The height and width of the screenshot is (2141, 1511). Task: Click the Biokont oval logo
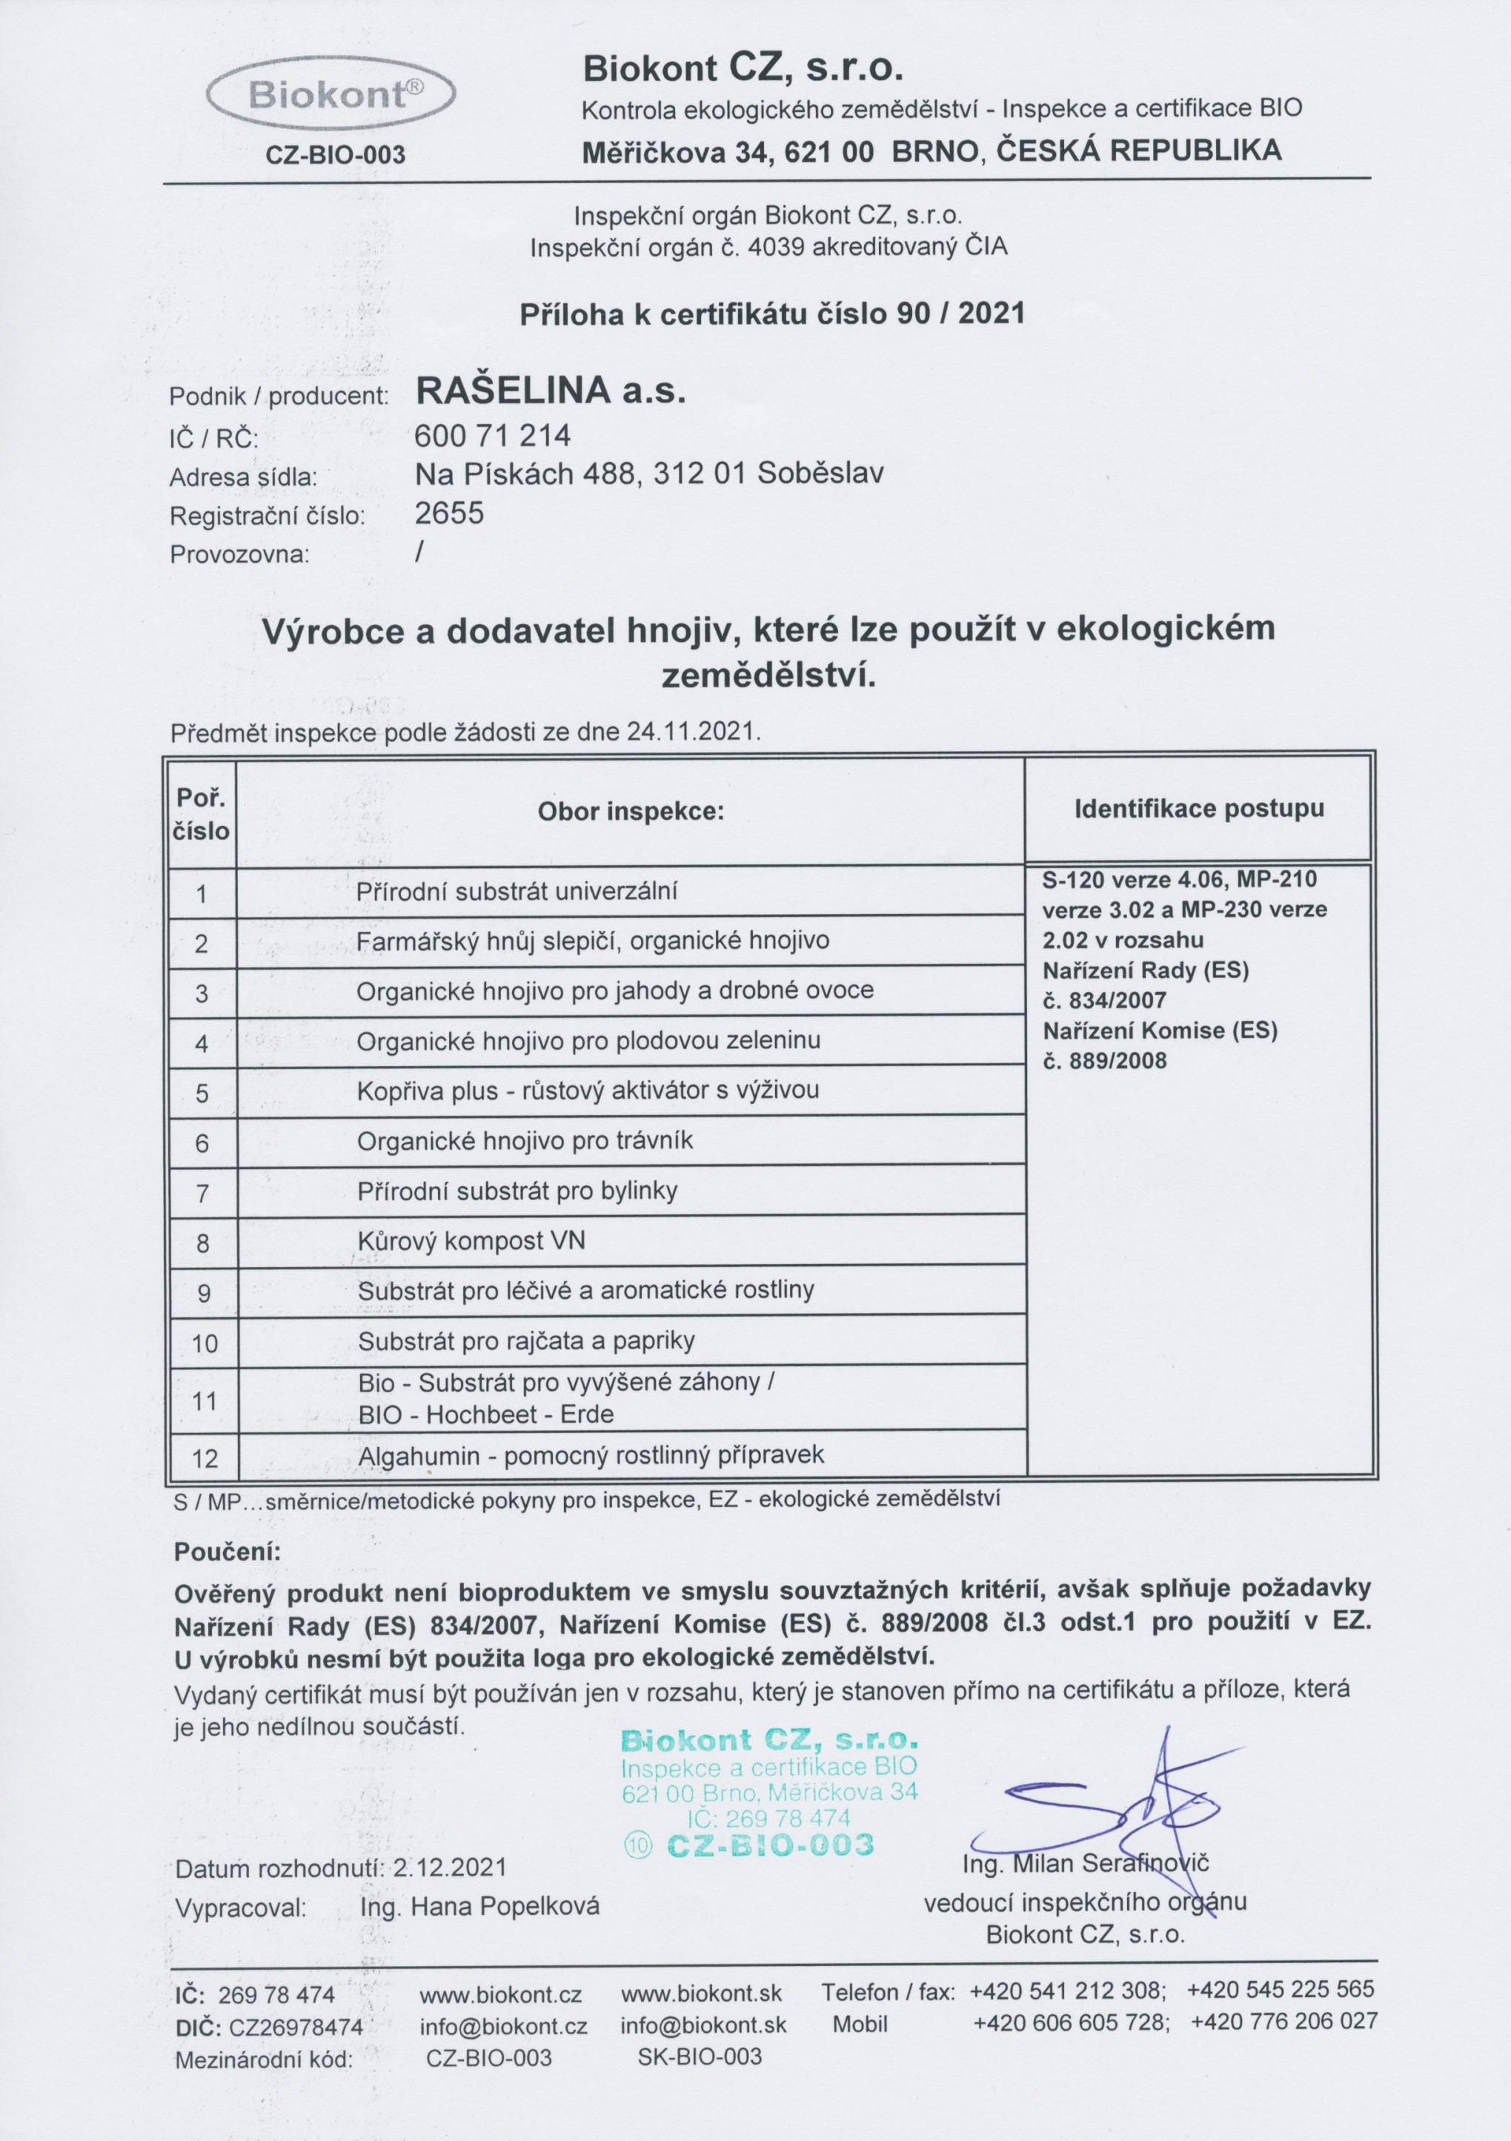pyautogui.click(x=331, y=95)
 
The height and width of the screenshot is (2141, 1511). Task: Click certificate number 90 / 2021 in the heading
pyautogui.click(x=960, y=314)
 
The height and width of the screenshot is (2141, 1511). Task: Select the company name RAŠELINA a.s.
pyautogui.click(x=550, y=391)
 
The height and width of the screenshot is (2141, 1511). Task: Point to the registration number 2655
pyautogui.click(x=449, y=513)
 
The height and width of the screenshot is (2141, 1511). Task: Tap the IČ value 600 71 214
pyautogui.click(x=492, y=434)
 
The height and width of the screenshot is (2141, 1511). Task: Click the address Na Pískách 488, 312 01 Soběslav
pyautogui.click(x=648, y=474)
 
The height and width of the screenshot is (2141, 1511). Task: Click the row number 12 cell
pyautogui.click(x=203, y=1457)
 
